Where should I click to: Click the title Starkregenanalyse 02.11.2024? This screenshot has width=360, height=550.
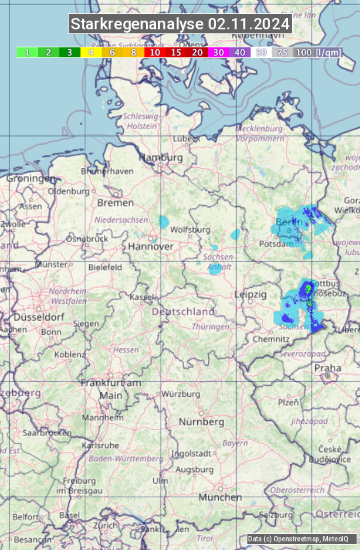[x=180, y=25]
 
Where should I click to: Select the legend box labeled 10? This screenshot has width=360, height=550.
[x=155, y=52]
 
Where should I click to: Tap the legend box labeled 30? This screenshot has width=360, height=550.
[x=218, y=52]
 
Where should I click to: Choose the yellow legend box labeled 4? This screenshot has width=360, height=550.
[x=91, y=52]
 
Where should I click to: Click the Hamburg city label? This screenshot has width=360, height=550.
[x=161, y=157]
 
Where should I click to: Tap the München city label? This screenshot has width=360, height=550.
[x=219, y=497]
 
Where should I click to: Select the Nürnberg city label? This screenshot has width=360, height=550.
[x=201, y=422]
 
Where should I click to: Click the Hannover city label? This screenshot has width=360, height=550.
[x=151, y=246]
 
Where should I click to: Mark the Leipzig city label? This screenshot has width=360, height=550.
[x=251, y=294]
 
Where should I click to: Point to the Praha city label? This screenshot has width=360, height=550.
[x=327, y=367]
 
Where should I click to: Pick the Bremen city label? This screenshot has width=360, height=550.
[x=115, y=202]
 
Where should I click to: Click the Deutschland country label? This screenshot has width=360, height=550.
[x=183, y=311]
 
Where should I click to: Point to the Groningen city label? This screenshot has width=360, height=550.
[x=31, y=179]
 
